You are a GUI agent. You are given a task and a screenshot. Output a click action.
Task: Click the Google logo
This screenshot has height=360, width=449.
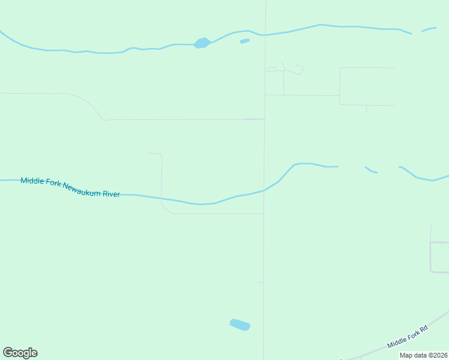pos(20,353)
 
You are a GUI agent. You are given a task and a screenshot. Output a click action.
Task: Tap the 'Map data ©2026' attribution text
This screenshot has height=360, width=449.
pos(423,355)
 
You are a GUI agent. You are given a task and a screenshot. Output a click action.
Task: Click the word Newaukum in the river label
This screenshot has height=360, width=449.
pos(82,188)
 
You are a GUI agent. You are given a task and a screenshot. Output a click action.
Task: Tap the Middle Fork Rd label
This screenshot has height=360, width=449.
pos(408,336)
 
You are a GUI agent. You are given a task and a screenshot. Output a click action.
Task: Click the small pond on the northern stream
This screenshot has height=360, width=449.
pos(202,43)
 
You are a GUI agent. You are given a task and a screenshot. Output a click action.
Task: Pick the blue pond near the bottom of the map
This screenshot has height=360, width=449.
pos(240,325)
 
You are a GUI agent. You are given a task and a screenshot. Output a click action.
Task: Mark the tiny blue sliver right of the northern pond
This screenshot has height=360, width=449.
pos(244,41)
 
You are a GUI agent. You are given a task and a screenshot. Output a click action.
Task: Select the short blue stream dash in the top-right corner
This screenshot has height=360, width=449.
pos(429,29)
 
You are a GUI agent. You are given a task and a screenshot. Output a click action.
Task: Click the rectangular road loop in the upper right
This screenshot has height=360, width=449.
pos(367,86)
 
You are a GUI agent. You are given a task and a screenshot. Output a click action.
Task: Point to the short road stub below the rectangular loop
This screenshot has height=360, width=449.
pos(367,109)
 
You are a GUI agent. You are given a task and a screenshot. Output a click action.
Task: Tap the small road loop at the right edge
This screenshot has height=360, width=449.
pos(439,257)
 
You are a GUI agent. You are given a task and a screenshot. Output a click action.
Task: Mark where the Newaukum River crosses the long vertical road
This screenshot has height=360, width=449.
pos(264,190)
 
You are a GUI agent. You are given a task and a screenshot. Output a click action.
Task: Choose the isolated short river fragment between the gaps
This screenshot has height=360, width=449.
pos(371,170)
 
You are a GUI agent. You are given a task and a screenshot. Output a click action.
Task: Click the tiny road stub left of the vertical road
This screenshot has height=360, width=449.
pos(261,282)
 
